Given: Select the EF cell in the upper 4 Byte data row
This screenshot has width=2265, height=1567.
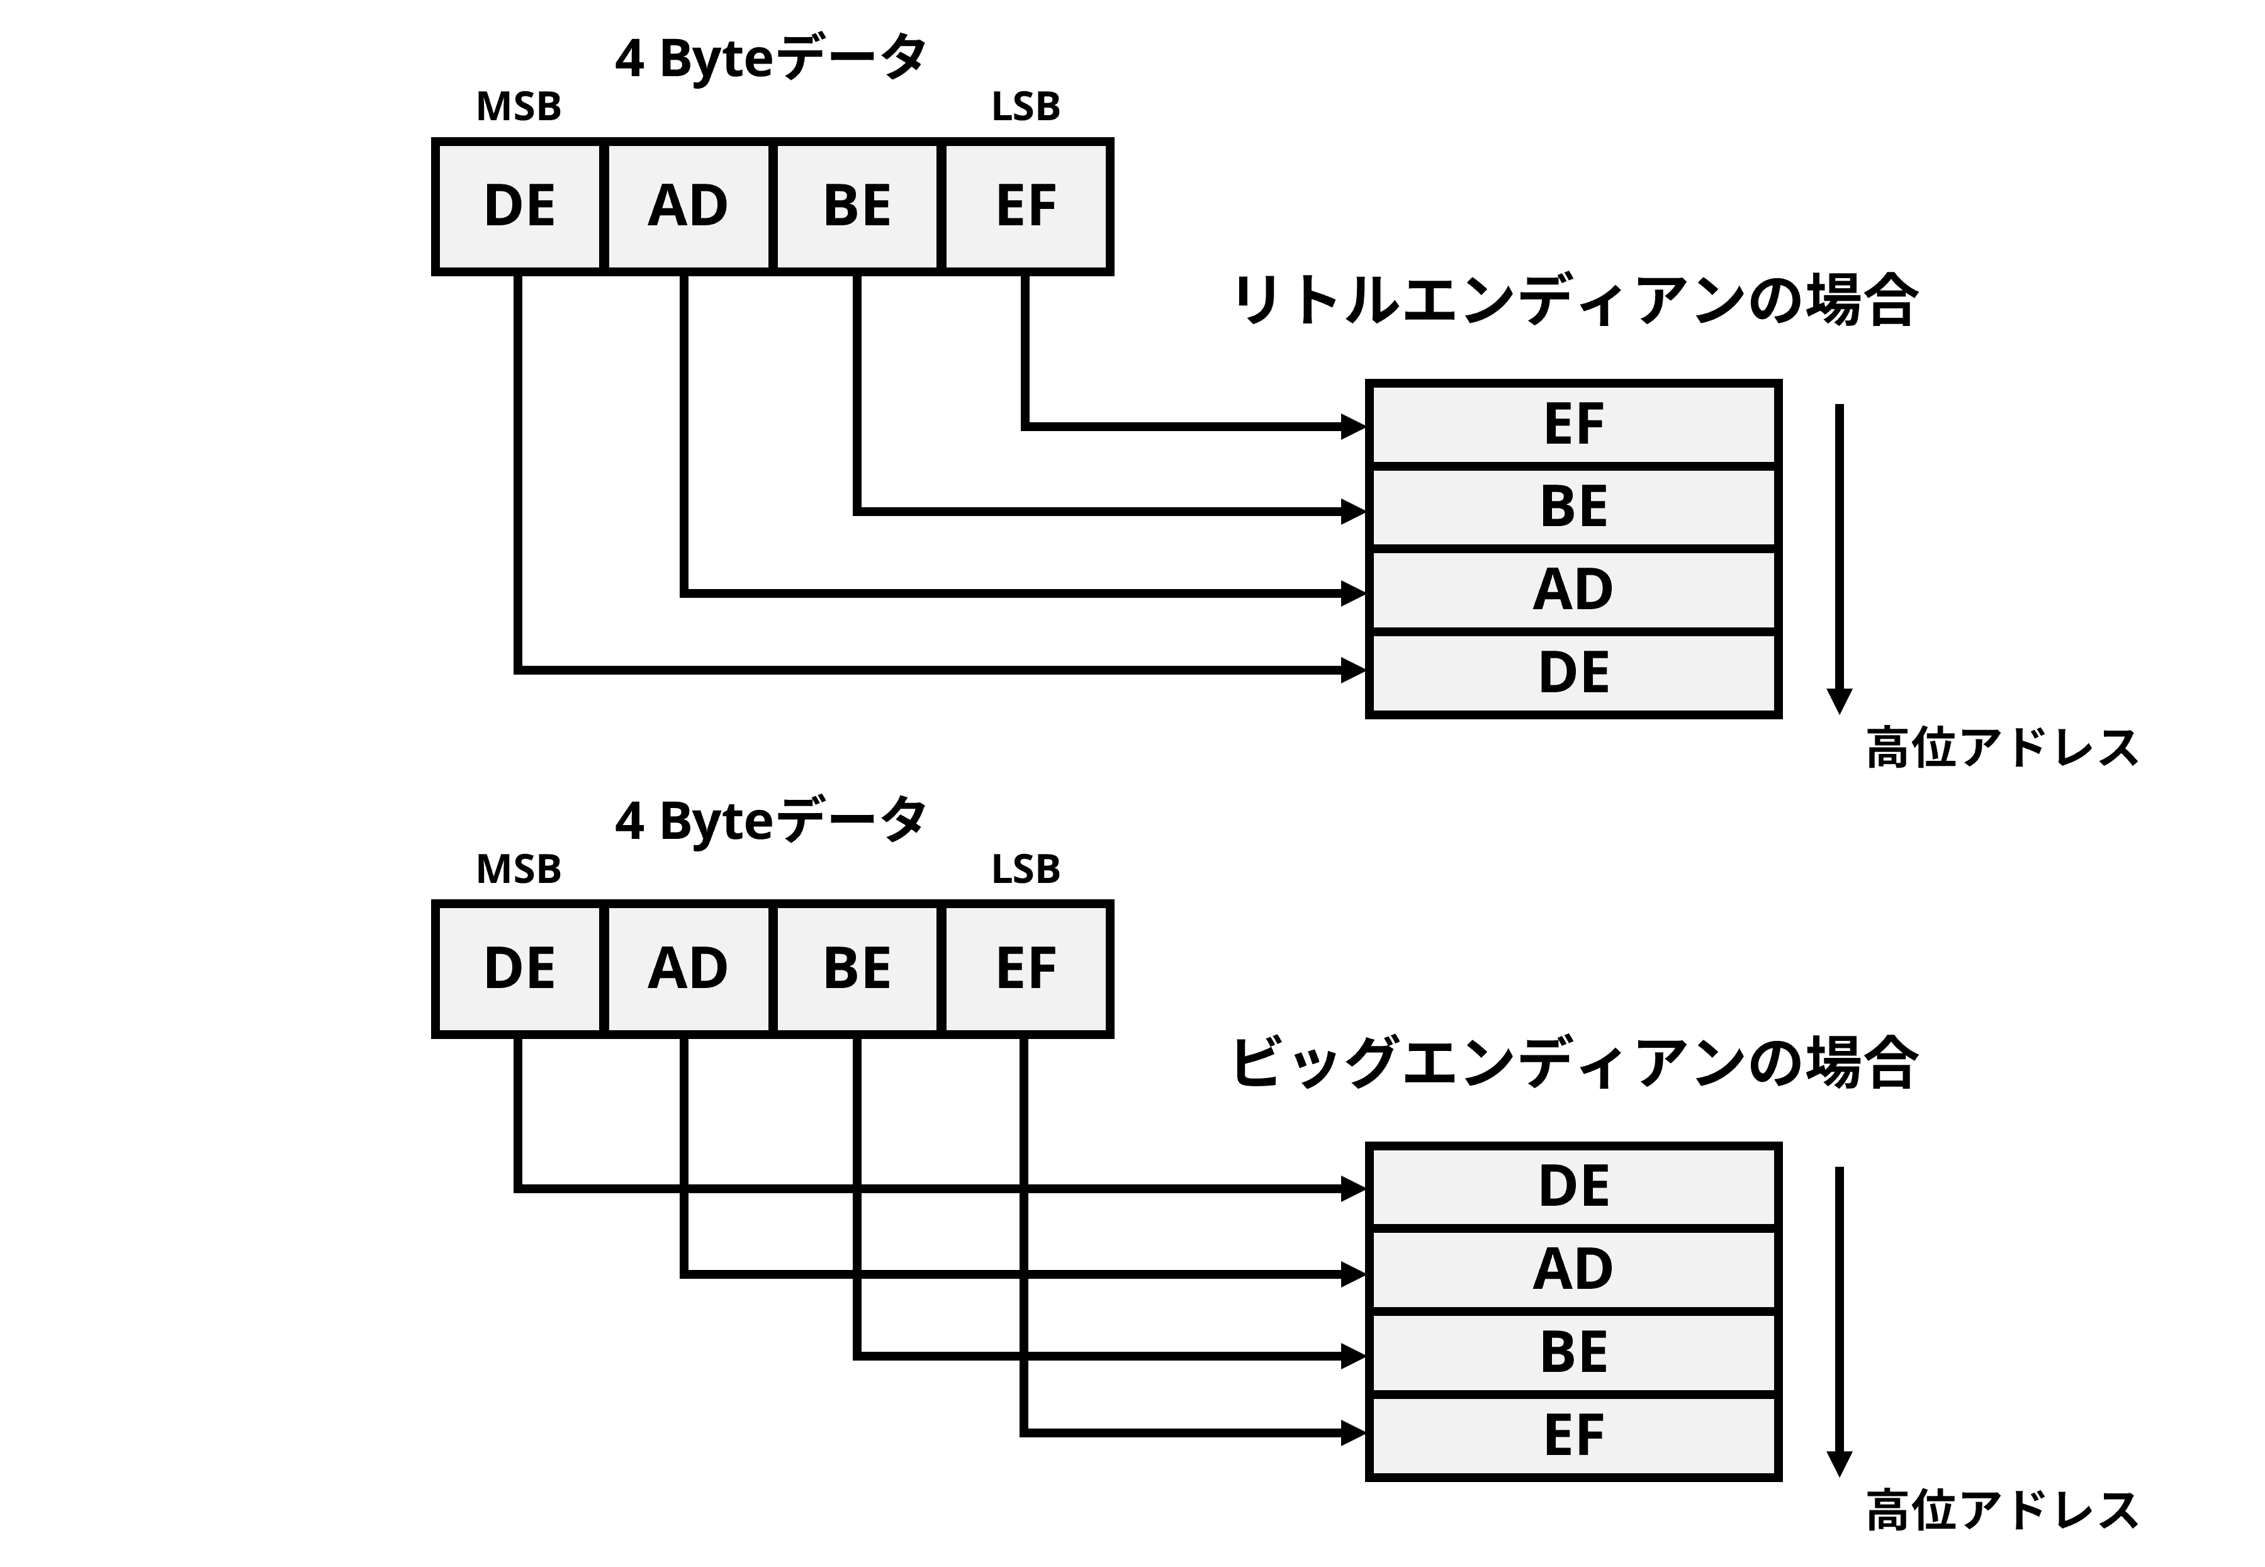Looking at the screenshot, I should [1025, 206].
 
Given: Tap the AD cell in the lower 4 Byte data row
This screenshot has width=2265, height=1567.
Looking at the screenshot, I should [687, 968].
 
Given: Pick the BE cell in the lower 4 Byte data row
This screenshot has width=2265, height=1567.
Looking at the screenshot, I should [856, 968].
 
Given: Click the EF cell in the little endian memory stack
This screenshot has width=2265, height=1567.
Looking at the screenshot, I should [1573, 424].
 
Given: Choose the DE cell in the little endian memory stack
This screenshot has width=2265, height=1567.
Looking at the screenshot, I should [1573, 673].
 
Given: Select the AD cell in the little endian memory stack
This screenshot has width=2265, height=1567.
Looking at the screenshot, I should [1573, 589].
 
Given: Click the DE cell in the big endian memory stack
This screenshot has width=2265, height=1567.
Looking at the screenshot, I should [1573, 1186].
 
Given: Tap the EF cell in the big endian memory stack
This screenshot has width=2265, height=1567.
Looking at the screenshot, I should [1573, 1434].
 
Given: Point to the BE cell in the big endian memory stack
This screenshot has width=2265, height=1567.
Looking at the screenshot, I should [1573, 1352].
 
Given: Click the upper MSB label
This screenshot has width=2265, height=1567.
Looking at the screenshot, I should [519, 106].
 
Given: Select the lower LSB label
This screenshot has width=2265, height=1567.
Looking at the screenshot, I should [1025, 869].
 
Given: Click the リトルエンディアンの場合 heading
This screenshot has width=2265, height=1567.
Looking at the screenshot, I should [1574, 300].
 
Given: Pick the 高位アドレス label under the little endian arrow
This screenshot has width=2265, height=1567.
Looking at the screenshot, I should [2001, 748].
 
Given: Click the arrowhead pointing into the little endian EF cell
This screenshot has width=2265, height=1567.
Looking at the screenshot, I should [1354, 426].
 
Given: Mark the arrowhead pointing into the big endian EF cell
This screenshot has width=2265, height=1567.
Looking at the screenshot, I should [1354, 1434].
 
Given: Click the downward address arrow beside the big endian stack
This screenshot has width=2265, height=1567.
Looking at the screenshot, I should [1839, 1320].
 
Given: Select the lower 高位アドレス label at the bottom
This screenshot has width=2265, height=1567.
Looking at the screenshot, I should [2001, 1510].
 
